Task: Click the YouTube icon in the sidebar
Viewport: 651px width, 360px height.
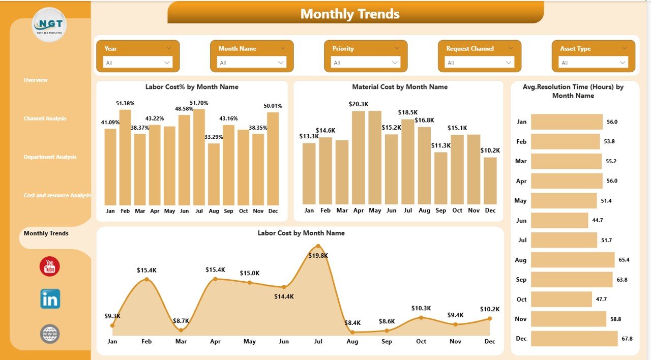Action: click(x=49, y=266)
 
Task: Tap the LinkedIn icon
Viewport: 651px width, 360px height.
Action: click(x=50, y=299)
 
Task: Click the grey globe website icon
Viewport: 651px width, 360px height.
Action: click(x=50, y=334)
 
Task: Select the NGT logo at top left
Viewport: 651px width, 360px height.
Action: click(x=49, y=24)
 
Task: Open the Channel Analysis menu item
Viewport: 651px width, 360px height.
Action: click(x=45, y=118)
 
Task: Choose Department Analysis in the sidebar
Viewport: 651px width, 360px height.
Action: click(x=50, y=157)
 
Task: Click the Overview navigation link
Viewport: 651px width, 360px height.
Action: click(x=36, y=80)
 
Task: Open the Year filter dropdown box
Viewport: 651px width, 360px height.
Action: click(x=138, y=63)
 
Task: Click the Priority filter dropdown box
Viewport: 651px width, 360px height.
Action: click(x=366, y=63)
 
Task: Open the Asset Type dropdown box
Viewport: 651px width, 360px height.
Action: click(x=594, y=63)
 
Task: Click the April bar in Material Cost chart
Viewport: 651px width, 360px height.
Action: click(x=359, y=158)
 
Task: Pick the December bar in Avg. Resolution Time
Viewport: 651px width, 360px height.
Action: click(x=574, y=338)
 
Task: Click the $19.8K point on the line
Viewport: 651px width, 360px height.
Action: click(x=318, y=246)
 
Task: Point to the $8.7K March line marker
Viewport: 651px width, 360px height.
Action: click(x=181, y=330)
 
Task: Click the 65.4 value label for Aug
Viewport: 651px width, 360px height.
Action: click(x=624, y=260)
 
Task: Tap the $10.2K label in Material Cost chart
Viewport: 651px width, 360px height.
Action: click(x=490, y=151)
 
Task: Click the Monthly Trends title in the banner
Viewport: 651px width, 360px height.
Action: click(x=350, y=14)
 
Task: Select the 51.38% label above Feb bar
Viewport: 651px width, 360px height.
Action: click(x=125, y=103)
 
